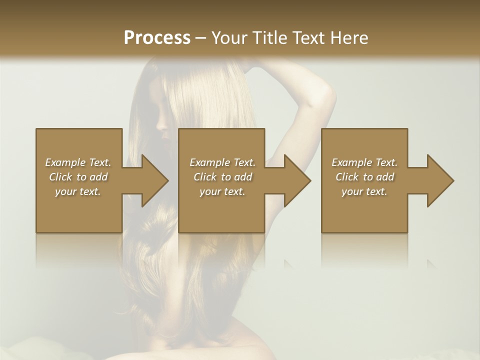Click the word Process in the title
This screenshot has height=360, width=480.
pos(157,37)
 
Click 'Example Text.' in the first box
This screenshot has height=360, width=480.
pos(78,162)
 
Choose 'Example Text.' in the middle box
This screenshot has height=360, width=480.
pos(222,162)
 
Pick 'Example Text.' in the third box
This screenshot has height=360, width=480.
pos(364,162)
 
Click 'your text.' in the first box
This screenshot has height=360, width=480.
pos(78,191)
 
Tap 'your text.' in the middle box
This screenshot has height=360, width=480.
pos(222,191)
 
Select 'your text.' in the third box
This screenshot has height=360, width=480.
pos(364,191)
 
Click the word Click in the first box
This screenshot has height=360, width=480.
pos(60,177)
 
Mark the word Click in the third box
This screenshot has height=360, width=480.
pos(347,177)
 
